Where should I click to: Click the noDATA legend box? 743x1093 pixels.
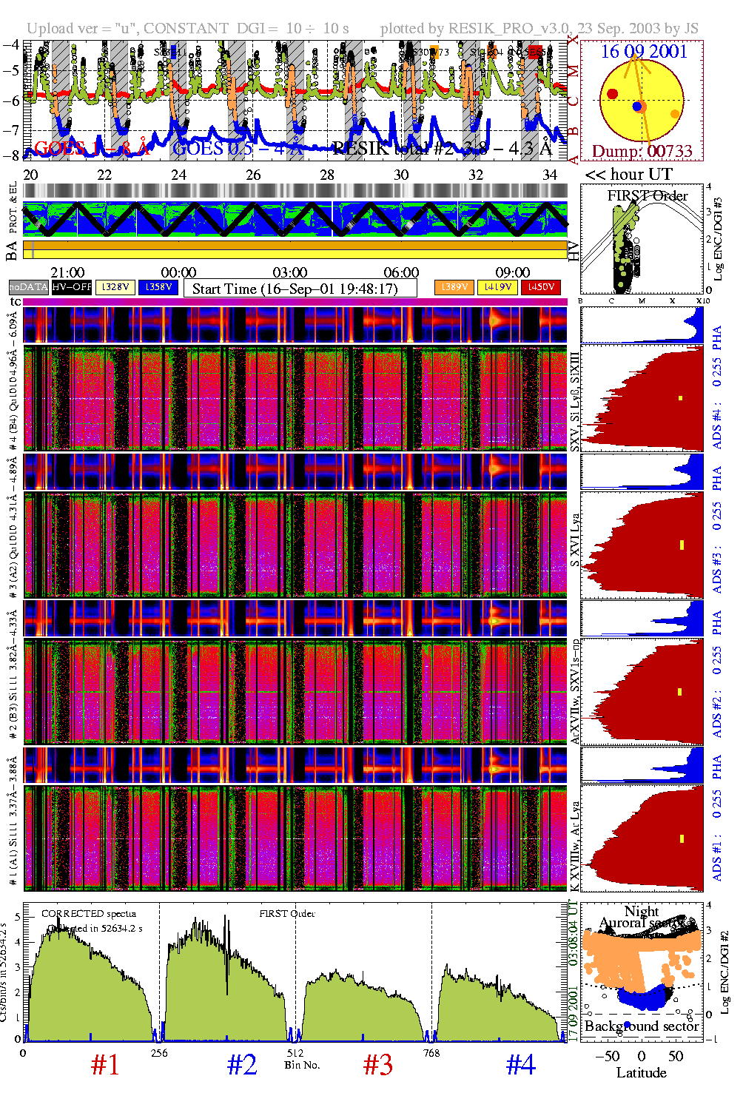tap(29, 287)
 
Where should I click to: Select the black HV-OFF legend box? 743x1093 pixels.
tap(72, 287)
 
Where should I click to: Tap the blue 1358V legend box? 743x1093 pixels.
tap(158, 287)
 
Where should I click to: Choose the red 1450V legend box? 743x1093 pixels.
tap(541, 287)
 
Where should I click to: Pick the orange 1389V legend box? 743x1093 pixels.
tap(454, 287)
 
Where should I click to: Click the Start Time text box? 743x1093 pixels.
tap(300, 289)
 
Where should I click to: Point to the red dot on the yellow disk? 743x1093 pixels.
tap(613, 93)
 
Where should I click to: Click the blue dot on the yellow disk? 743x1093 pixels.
tap(637, 107)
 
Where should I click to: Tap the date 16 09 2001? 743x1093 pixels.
tap(644, 52)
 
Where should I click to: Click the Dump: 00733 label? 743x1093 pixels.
tap(642, 152)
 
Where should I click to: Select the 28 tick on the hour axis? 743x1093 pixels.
tap(327, 175)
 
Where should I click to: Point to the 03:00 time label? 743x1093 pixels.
tap(290, 272)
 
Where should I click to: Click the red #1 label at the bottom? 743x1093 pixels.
tap(105, 1065)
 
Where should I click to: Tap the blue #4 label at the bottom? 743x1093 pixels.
tap(521, 1065)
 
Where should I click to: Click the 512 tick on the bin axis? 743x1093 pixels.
tap(295, 1052)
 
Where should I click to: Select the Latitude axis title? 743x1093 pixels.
tap(642, 1073)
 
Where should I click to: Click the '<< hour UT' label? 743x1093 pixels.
tap(629, 175)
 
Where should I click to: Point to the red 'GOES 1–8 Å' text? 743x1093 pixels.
tap(92, 149)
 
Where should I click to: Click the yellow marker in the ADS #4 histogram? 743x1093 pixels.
tap(680, 398)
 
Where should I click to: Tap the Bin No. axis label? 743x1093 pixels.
tap(302, 1065)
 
